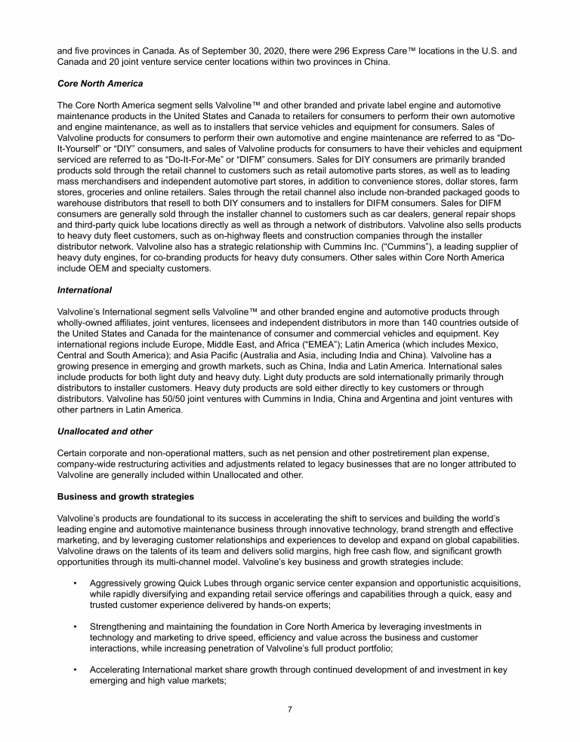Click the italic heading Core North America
click(100, 83)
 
